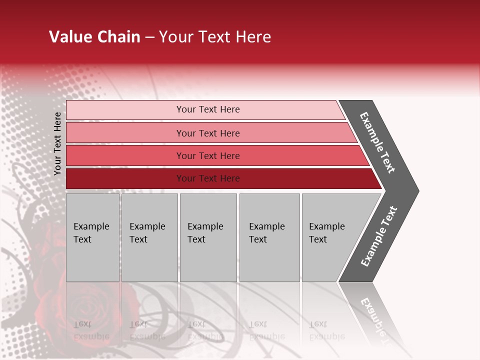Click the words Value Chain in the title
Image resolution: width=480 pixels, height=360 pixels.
(x=94, y=37)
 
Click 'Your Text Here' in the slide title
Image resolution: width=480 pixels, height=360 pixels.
(x=215, y=37)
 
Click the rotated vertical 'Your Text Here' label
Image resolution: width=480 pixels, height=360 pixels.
(x=57, y=144)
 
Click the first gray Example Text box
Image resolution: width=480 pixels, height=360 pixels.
(x=92, y=237)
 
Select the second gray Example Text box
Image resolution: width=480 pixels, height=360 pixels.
(x=149, y=237)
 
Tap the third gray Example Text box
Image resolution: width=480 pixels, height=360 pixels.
(x=207, y=237)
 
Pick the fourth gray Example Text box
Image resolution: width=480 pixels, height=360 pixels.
(x=269, y=237)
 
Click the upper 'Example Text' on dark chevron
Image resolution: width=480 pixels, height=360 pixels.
(x=377, y=142)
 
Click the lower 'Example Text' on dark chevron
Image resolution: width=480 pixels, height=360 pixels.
(x=378, y=236)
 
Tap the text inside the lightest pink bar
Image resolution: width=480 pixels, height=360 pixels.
(x=208, y=109)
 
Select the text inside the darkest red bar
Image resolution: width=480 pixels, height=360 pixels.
(x=208, y=178)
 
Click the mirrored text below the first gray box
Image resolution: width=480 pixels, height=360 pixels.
(x=91, y=330)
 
